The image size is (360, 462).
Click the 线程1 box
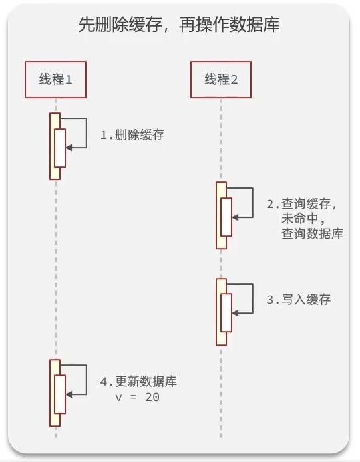[55, 80]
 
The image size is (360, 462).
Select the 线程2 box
[221, 80]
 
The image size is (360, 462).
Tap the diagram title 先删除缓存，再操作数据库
[179, 25]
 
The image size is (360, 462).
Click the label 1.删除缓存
[132, 135]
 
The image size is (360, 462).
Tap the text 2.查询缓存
[301, 204]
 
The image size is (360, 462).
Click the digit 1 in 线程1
[68, 80]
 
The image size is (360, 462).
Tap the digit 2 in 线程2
[234, 80]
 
